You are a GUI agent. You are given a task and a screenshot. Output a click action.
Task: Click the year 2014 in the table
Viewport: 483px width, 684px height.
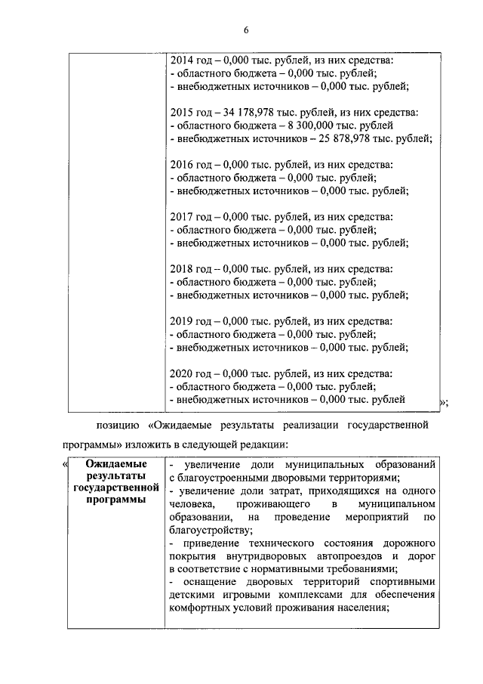(183, 60)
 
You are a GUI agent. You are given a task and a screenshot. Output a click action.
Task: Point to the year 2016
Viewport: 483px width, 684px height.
(183, 165)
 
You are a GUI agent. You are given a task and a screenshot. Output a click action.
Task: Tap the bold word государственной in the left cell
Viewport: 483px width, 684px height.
(114, 488)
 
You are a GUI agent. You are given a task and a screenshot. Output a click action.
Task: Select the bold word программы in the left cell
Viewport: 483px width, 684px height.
(114, 500)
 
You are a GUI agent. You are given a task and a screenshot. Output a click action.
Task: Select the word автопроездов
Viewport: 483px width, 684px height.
(335, 557)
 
